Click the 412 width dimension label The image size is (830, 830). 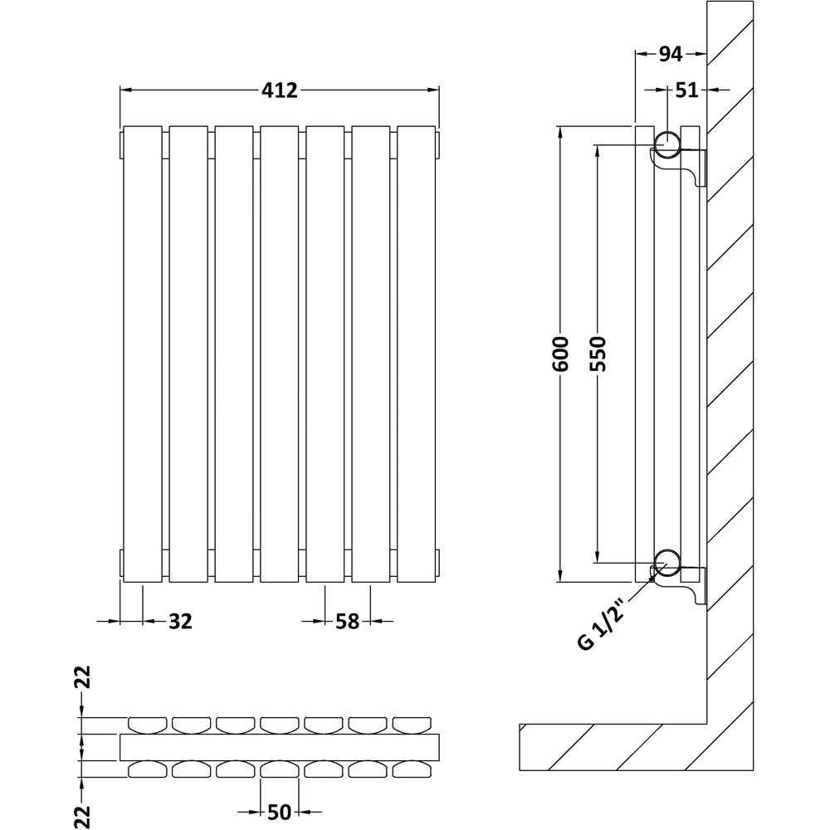[281, 90]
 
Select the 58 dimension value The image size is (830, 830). [347, 621]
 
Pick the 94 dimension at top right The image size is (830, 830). [670, 54]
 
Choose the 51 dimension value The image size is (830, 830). [686, 90]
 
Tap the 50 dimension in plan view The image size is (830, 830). [279, 813]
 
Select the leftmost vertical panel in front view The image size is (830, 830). [144, 353]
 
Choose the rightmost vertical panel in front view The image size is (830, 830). [416, 353]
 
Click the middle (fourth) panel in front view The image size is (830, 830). [280, 353]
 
